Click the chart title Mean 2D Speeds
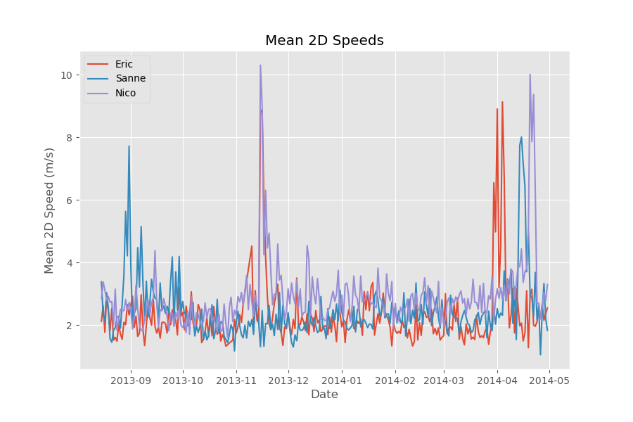[324, 41]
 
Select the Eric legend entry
[124, 64]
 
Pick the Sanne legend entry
[130, 79]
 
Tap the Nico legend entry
[125, 93]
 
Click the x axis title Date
[324, 395]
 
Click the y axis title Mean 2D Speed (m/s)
[49, 210]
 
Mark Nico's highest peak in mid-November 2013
[260, 65]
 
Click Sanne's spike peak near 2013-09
[129, 146]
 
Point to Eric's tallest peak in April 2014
[502, 102]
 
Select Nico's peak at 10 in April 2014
[530, 75]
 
